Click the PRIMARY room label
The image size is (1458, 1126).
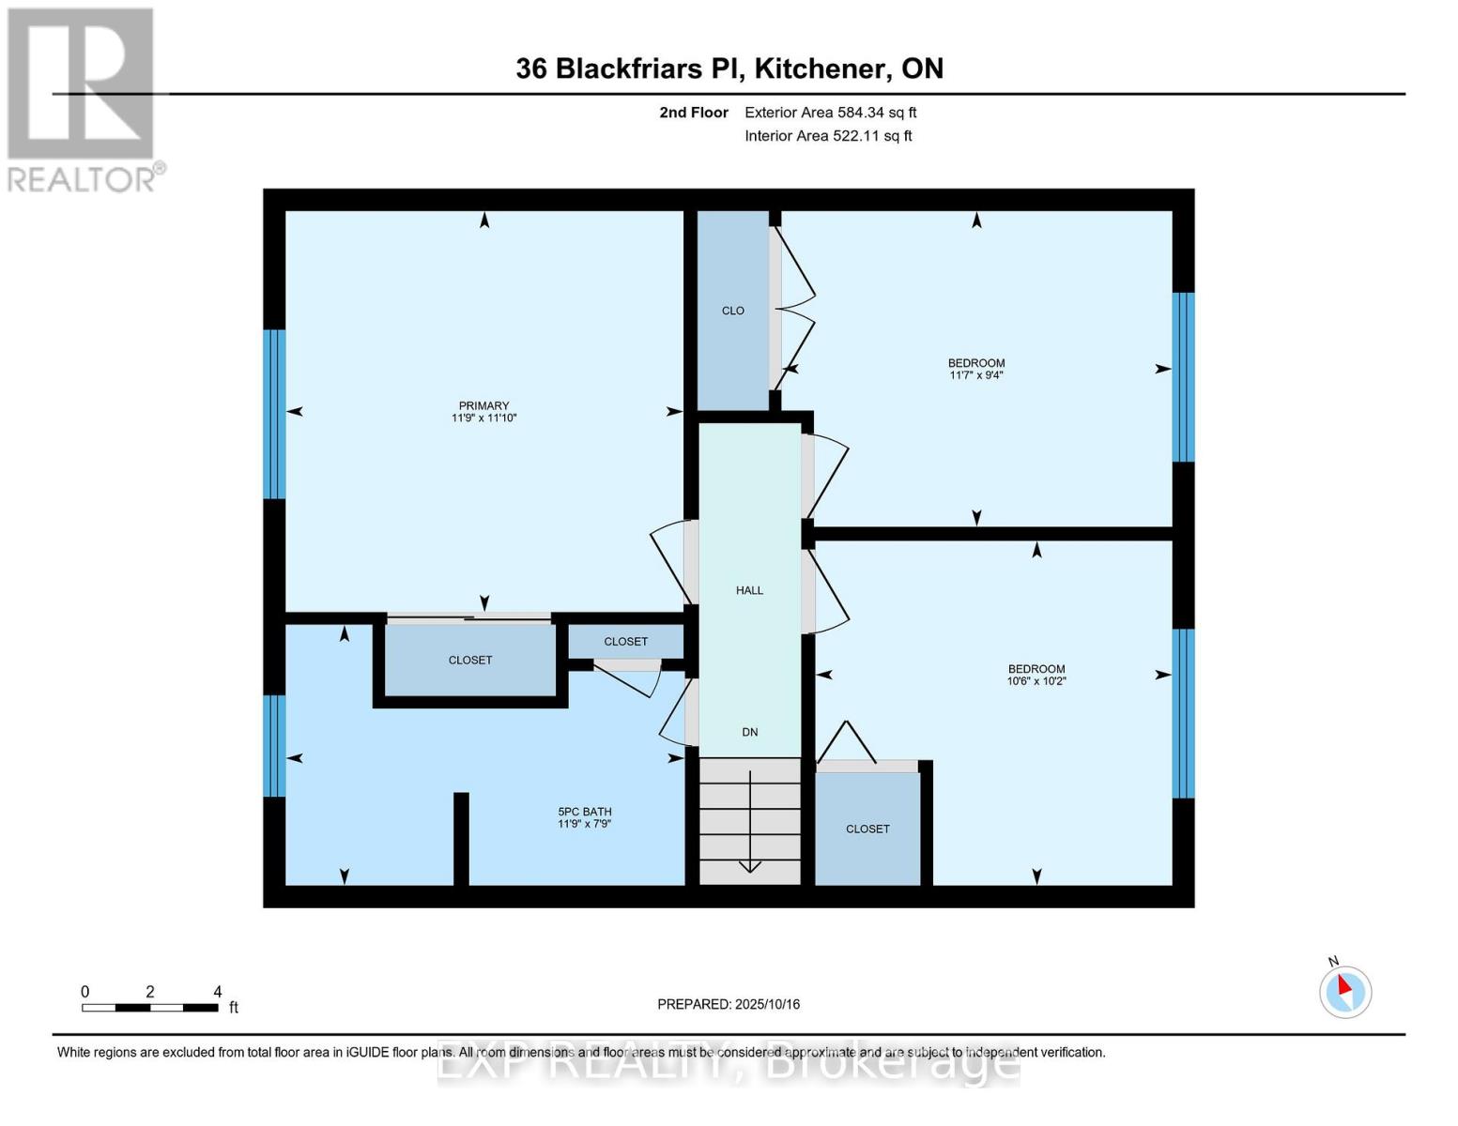pyautogui.click(x=483, y=405)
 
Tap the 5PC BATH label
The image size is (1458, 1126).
pyautogui.click(x=584, y=812)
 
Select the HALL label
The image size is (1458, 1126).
pyautogui.click(x=749, y=590)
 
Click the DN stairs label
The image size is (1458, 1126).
pyautogui.click(x=749, y=732)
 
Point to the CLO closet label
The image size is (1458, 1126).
pyautogui.click(x=732, y=311)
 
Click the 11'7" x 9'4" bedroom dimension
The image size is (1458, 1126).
pyautogui.click(x=976, y=375)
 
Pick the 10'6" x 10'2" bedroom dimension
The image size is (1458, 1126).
pyautogui.click(x=1036, y=681)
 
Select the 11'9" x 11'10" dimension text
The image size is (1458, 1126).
pyautogui.click(x=483, y=418)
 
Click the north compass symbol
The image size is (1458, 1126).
pyautogui.click(x=1345, y=991)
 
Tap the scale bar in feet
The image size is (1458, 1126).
pyautogui.click(x=150, y=1008)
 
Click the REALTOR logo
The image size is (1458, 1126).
pyautogui.click(x=82, y=99)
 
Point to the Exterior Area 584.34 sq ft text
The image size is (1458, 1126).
pyautogui.click(x=830, y=113)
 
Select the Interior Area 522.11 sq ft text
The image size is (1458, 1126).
pyautogui.click(x=828, y=136)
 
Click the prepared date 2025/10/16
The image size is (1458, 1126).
pyautogui.click(x=729, y=1004)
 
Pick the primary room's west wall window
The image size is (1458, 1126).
pyautogui.click(x=274, y=414)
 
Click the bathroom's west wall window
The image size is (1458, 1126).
pyautogui.click(x=274, y=746)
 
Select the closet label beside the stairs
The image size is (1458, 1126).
pyautogui.click(x=867, y=829)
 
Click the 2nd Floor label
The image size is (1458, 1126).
pyautogui.click(x=694, y=113)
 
